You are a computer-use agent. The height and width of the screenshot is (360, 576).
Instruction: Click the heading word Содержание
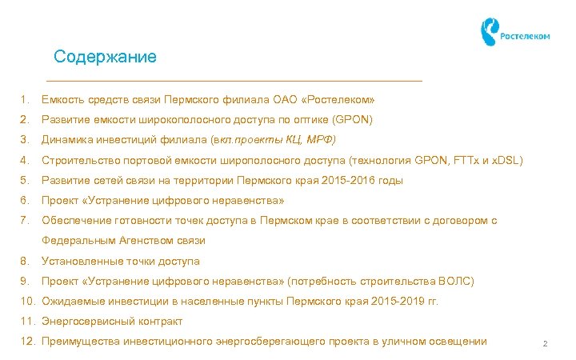(105, 58)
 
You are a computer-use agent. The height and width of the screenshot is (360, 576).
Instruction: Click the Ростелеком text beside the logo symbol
(525, 36)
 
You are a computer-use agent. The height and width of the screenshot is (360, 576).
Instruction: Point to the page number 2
(544, 344)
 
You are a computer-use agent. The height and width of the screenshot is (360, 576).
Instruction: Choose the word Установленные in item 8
(82, 261)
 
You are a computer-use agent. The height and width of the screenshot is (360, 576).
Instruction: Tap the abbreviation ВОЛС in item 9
(456, 282)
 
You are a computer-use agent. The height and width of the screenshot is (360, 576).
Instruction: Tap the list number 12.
(27, 342)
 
